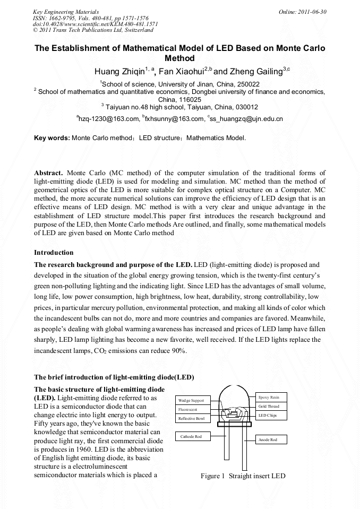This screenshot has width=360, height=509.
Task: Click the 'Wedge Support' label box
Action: (193, 400)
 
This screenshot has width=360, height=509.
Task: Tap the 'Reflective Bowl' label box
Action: (193, 418)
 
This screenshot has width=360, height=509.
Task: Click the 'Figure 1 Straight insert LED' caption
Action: (243, 476)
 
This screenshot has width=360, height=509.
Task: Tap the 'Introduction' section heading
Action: (54, 252)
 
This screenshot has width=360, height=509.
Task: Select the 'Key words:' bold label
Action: (52, 138)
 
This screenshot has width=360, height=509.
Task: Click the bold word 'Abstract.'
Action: (48, 173)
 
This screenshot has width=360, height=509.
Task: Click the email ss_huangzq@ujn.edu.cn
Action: (246, 118)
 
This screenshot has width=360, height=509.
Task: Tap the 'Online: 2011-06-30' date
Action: (302, 12)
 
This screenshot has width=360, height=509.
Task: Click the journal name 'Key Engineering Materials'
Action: (66, 12)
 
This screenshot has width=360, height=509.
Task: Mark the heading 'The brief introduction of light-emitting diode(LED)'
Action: (114, 377)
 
